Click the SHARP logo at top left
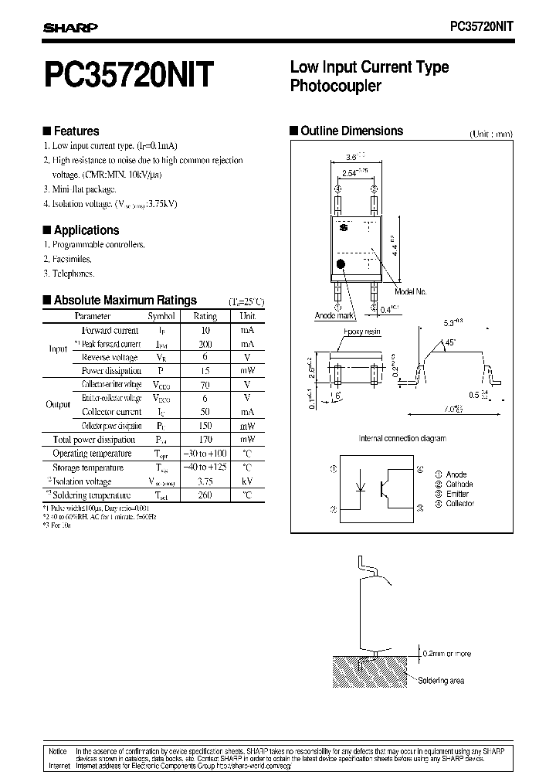pos(69,28)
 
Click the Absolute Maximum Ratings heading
pos(124,301)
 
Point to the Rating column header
pos(205,316)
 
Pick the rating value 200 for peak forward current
pos(205,343)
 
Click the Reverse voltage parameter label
pos(110,357)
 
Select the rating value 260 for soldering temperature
pos(205,495)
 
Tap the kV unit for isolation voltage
pos(247,481)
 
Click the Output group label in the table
pos(59,404)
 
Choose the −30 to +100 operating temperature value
pos(205,454)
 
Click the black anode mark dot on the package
pos(341,265)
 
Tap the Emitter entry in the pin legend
pos(458,494)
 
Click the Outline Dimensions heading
pos(351,131)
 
